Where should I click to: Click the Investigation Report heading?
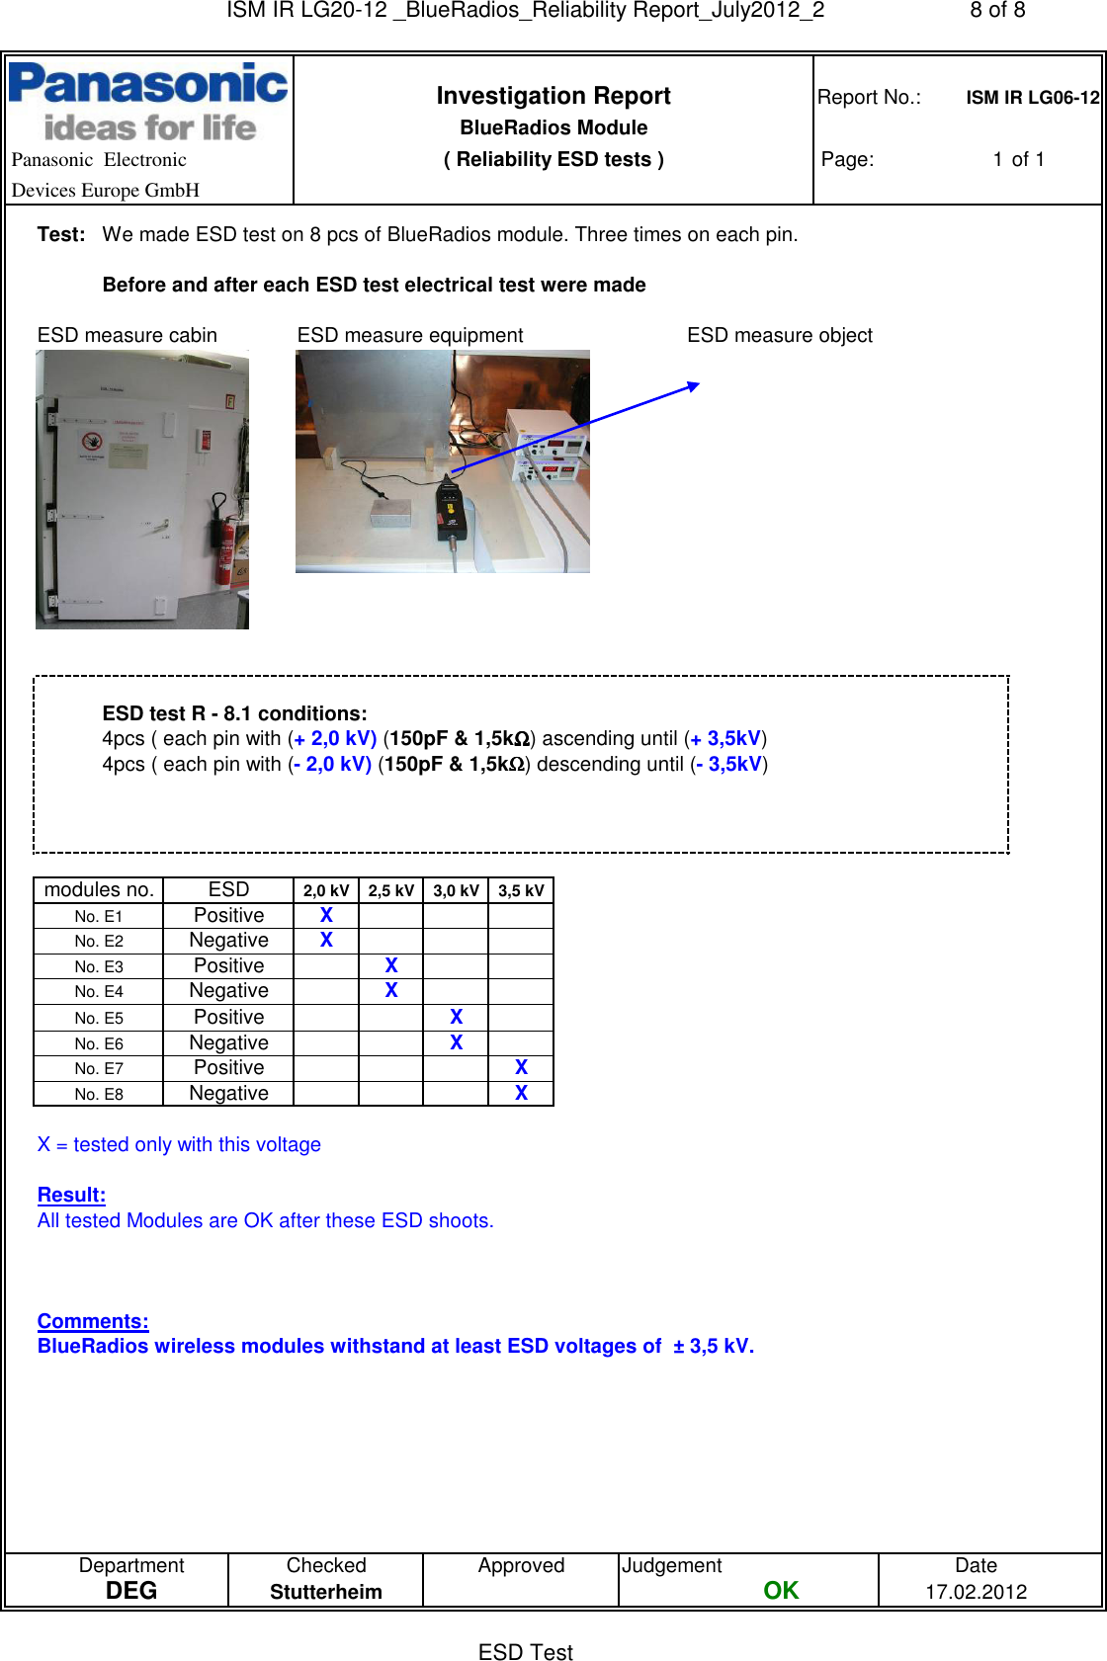[553, 96]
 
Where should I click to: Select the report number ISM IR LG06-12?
[1032, 98]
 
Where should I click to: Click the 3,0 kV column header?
[456, 890]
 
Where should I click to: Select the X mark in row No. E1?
[326, 915]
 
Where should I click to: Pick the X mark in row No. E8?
[521, 1093]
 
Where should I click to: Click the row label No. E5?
[99, 1018]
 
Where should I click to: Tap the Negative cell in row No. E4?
[228, 991]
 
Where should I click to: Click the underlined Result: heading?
[71, 1195]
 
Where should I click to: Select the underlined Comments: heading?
[93, 1321]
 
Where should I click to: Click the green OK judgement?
[780, 1590]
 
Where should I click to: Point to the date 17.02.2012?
[976, 1592]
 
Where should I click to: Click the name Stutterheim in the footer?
[325, 1592]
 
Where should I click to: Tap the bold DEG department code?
[131, 1590]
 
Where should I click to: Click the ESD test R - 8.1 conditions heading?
[234, 713]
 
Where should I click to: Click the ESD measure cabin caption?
[128, 335]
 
